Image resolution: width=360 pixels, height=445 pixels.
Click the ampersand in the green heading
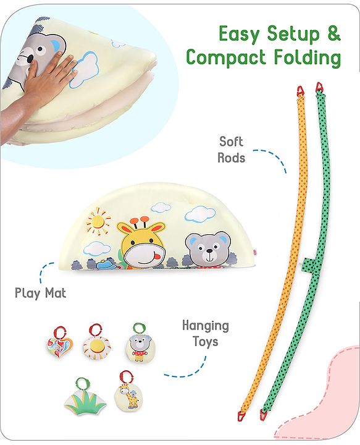click(x=333, y=33)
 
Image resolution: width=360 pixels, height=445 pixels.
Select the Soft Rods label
click(x=231, y=150)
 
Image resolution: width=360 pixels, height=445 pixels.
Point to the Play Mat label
click(x=41, y=293)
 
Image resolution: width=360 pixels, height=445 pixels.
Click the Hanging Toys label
click(x=206, y=333)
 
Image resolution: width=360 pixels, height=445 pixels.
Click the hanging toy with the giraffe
click(x=127, y=392)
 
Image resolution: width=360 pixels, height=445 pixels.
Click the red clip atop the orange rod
click(x=301, y=91)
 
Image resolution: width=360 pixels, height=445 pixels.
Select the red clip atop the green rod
click(x=319, y=87)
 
